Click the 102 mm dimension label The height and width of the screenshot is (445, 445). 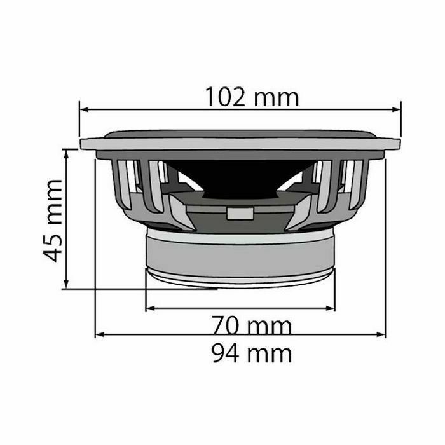click(252, 97)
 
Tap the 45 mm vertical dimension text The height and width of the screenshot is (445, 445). click(53, 220)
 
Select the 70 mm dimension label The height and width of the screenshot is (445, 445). click(252, 325)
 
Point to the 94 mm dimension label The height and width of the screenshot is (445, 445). click(252, 353)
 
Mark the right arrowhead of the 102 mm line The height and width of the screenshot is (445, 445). click(396, 109)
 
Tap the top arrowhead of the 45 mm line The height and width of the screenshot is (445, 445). click(66, 154)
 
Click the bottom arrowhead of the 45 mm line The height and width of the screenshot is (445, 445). click(66, 284)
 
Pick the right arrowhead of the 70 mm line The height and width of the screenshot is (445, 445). click(331, 308)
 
